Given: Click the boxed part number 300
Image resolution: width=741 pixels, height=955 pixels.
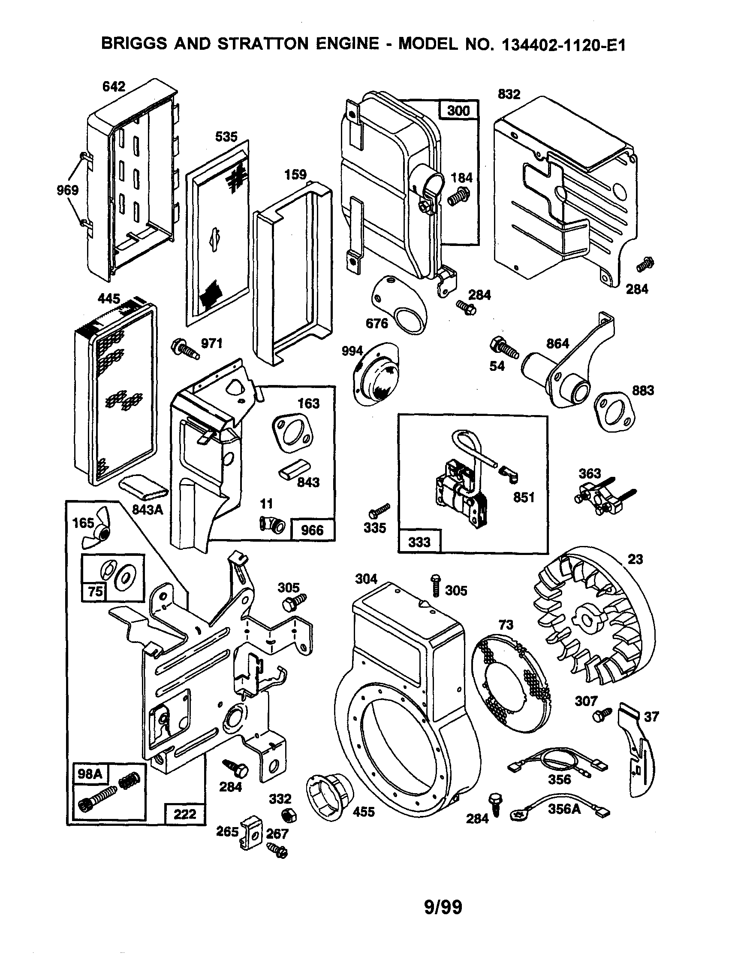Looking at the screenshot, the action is (x=458, y=110).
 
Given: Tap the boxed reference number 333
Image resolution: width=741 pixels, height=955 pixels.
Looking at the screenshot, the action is (x=419, y=542).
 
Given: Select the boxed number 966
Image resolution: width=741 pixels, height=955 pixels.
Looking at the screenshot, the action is (x=312, y=530).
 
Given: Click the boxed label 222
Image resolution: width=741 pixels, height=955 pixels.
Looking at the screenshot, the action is (x=185, y=814).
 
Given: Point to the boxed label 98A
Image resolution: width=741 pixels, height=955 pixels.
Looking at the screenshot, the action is (x=90, y=773).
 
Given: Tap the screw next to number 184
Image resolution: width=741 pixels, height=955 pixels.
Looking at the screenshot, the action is (x=459, y=197).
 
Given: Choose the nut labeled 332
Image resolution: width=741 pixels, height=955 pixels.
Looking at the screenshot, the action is (x=289, y=815).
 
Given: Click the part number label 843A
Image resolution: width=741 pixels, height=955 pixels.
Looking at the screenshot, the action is (x=148, y=509).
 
